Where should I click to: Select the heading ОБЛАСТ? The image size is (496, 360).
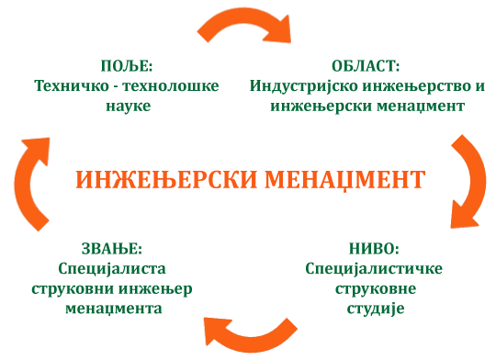click(366, 67)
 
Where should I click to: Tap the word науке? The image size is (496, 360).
click(126, 106)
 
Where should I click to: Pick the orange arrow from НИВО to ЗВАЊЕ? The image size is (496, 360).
click(246, 329)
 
